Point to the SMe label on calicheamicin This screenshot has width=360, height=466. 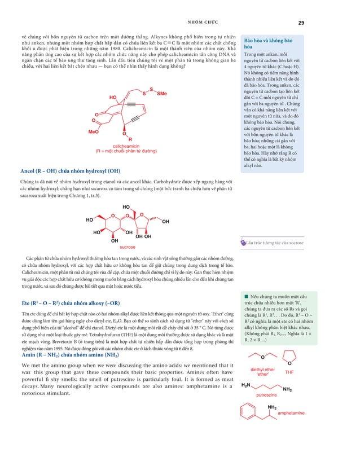[162, 93]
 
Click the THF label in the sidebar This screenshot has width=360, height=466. [289, 373]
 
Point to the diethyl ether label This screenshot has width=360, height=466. [262, 372]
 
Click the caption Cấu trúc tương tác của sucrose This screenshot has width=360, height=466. [273, 243]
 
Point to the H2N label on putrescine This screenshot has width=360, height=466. [245, 385]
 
